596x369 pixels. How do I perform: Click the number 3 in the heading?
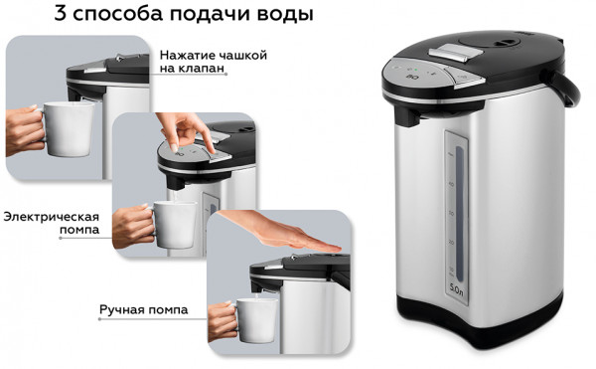pyautogui.click(x=61, y=13)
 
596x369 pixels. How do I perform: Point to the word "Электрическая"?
pyautogui.click(x=52, y=217)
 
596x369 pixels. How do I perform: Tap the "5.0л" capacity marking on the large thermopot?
pyautogui.click(x=456, y=288)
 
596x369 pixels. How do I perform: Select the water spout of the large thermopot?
pyautogui.click(x=408, y=116)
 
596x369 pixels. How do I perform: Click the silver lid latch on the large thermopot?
pyautogui.click(x=449, y=53)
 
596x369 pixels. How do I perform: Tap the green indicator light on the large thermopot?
pyautogui.click(x=416, y=70)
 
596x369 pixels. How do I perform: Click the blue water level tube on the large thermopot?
pyautogui.click(x=460, y=214)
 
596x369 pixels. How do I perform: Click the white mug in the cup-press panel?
pyautogui.click(x=69, y=128)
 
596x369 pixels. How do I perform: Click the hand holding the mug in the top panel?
pyautogui.click(x=24, y=130)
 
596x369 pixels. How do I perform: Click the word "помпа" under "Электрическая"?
pyautogui.click(x=79, y=230)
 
